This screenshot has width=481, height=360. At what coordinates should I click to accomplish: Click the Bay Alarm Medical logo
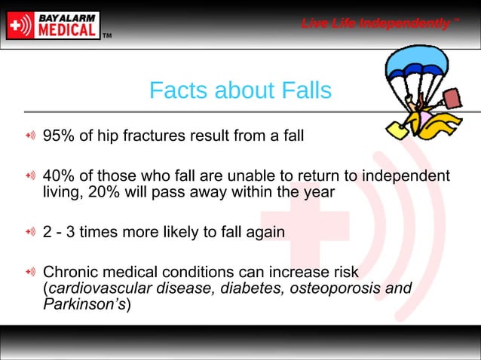(x=53, y=24)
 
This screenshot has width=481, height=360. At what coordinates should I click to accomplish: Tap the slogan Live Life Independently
(x=376, y=23)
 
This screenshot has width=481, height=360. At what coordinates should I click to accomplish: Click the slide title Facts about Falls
(x=240, y=90)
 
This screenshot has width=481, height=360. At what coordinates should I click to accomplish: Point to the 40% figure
(x=58, y=176)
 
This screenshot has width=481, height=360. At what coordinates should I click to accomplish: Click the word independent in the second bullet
(x=403, y=176)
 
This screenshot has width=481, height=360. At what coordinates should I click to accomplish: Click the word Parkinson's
(x=84, y=305)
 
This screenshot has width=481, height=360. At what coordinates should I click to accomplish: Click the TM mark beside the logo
(x=107, y=35)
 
